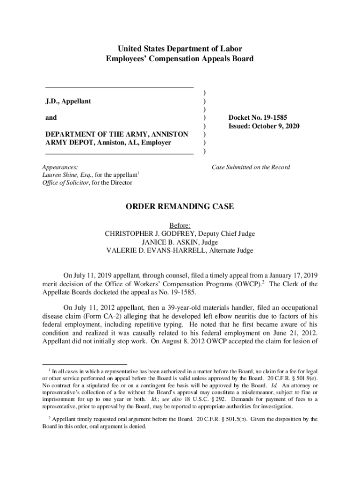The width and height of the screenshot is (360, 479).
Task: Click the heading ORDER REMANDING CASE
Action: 180,207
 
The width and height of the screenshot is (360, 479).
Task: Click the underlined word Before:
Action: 180,225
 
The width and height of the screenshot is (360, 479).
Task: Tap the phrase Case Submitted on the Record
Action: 251,167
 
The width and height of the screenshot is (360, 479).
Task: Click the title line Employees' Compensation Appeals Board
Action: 180,59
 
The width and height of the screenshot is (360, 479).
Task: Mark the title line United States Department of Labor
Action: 180,49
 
